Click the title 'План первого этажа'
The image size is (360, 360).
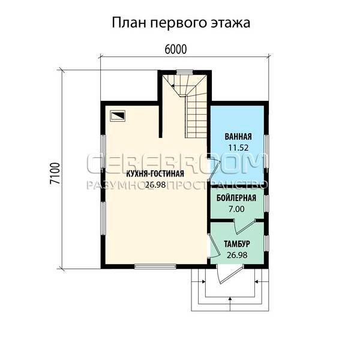tap(181, 23)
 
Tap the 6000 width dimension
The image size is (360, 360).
tap(176, 49)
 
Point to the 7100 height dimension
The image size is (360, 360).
tap(55, 173)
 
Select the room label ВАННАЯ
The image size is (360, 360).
tap(238, 137)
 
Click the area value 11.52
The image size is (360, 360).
tap(238, 148)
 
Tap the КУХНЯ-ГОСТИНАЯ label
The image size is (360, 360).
tap(155, 174)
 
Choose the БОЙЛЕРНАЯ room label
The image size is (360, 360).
tap(236, 198)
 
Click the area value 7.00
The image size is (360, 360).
tap(236, 209)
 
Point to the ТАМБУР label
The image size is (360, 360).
tap(237, 244)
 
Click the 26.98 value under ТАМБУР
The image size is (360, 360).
tap(237, 255)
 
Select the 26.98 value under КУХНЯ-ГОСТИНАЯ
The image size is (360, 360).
tap(155, 185)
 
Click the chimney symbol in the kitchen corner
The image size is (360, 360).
tap(118, 115)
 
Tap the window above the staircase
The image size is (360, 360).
tap(185, 71)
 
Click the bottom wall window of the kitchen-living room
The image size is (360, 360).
tap(155, 266)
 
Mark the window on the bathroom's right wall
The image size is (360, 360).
tap(266, 151)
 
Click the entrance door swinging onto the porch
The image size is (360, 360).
tap(230, 274)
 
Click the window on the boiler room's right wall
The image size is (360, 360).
tap(266, 203)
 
